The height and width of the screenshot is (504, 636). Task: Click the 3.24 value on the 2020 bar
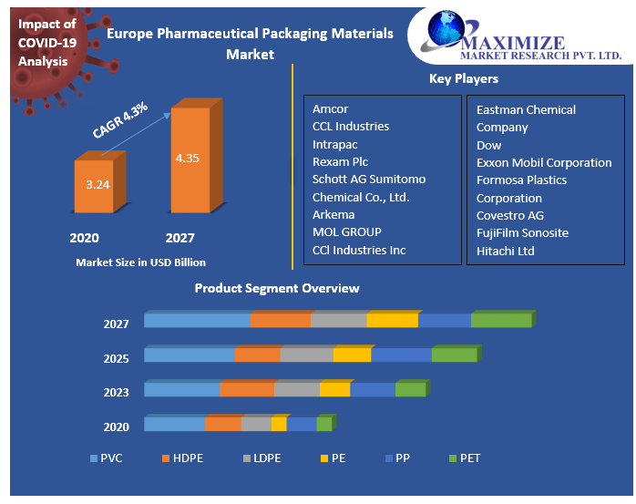97,185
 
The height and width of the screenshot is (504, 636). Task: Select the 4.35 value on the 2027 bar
187,158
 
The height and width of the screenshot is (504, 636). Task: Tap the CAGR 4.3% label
119,120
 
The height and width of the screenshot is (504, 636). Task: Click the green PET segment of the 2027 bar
501,320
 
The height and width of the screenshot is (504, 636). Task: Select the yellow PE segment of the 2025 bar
352,355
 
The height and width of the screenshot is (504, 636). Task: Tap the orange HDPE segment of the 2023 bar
246,389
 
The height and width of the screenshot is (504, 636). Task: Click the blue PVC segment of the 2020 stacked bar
174,424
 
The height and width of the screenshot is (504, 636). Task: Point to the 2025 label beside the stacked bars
116,358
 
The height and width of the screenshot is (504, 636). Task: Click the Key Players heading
463,79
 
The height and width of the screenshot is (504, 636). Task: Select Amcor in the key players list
330,109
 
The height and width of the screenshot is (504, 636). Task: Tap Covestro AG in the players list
509,215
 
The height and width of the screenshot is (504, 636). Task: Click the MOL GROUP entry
346,232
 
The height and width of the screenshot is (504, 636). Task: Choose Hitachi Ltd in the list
505,251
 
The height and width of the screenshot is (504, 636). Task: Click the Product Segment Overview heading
277,288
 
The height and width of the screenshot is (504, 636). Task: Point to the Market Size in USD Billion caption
140,262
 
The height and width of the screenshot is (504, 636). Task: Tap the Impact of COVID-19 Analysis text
46,43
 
